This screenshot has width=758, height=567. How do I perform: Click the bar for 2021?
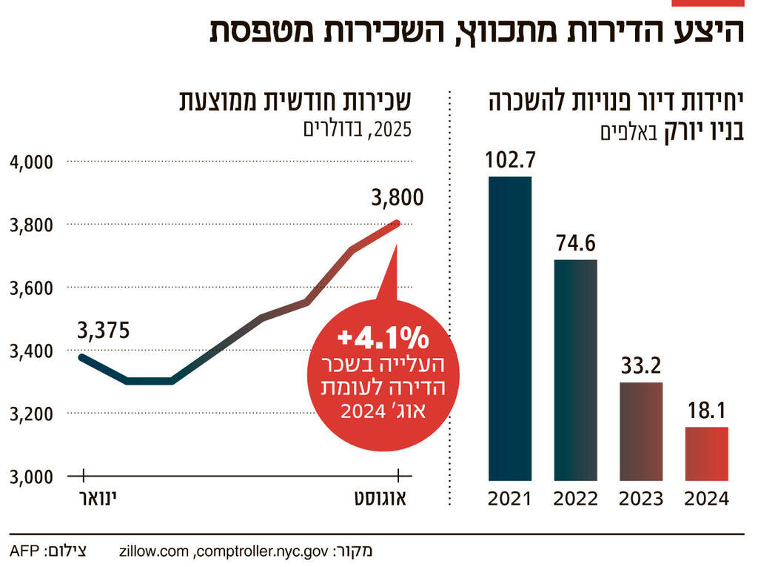(510, 328)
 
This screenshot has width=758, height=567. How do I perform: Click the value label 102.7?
(510, 160)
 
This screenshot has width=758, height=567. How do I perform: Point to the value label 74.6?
(575, 243)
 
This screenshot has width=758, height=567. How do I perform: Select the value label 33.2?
(641, 366)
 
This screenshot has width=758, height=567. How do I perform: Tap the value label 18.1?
(706, 411)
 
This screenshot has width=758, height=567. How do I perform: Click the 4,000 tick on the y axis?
(31, 161)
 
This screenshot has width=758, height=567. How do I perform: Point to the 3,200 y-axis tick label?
(31, 414)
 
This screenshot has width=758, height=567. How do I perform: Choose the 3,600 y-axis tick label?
(31, 288)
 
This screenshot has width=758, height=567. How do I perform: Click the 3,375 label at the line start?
(103, 331)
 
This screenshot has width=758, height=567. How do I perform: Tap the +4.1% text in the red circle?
(383, 339)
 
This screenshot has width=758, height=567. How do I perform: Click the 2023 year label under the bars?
(641, 499)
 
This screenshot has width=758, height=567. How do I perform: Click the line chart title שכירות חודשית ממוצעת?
(295, 102)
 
